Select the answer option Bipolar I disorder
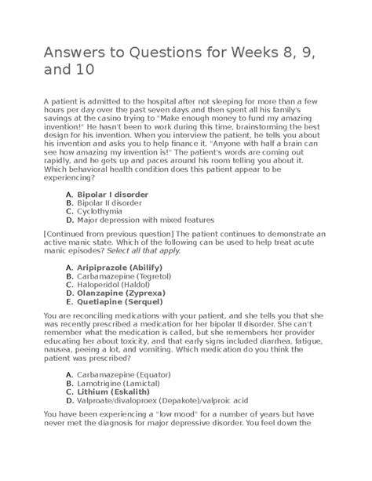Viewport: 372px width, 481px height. [110, 192]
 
